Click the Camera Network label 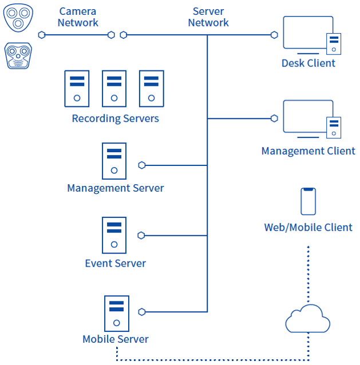tap(78, 17)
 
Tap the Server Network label tap(208, 17)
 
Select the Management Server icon tap(114, 161)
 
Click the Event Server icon tap(114, 235)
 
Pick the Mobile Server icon tap(117, 314)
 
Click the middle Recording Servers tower tap(114, 89)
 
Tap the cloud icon tap(307, 319)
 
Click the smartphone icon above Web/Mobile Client tap(308, 201)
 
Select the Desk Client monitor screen tap(307, 32)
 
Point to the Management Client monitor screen tap(307, 116)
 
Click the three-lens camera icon tap(18, 18)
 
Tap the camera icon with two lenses tap(18, 55)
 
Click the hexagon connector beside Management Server tap(142, 165)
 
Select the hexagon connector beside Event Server tap(141, 235)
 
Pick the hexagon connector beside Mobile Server tap(142, 312)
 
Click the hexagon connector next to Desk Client tap(274, 35)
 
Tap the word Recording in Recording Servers tap(96, 118)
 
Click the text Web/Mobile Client tap(308, 228)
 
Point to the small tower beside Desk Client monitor tap(334, 44)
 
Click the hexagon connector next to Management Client tap(274, 118)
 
